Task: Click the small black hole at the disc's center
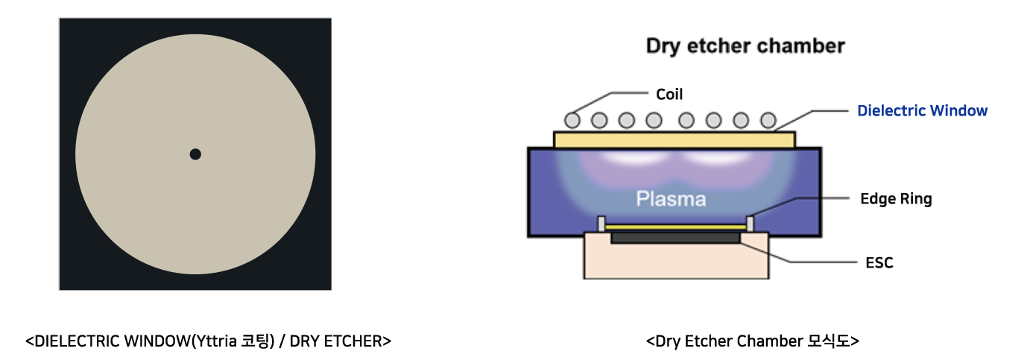point(195,154)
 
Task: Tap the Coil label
point(669,94)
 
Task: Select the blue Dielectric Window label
point(923,110)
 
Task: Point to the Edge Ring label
point(896,199)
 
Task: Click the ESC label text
point(879,262)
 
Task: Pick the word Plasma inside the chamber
point(671,199)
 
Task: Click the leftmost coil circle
point(572,120)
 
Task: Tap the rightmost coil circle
point(768,120)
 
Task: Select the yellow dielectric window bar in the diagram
point(675,139)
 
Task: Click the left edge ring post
point(601,224)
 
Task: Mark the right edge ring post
point(751,224)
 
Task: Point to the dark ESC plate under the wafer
point(675,238)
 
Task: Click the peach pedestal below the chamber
point(676,260)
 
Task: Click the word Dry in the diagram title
point(663,46)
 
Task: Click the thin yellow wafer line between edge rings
point(675,227)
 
